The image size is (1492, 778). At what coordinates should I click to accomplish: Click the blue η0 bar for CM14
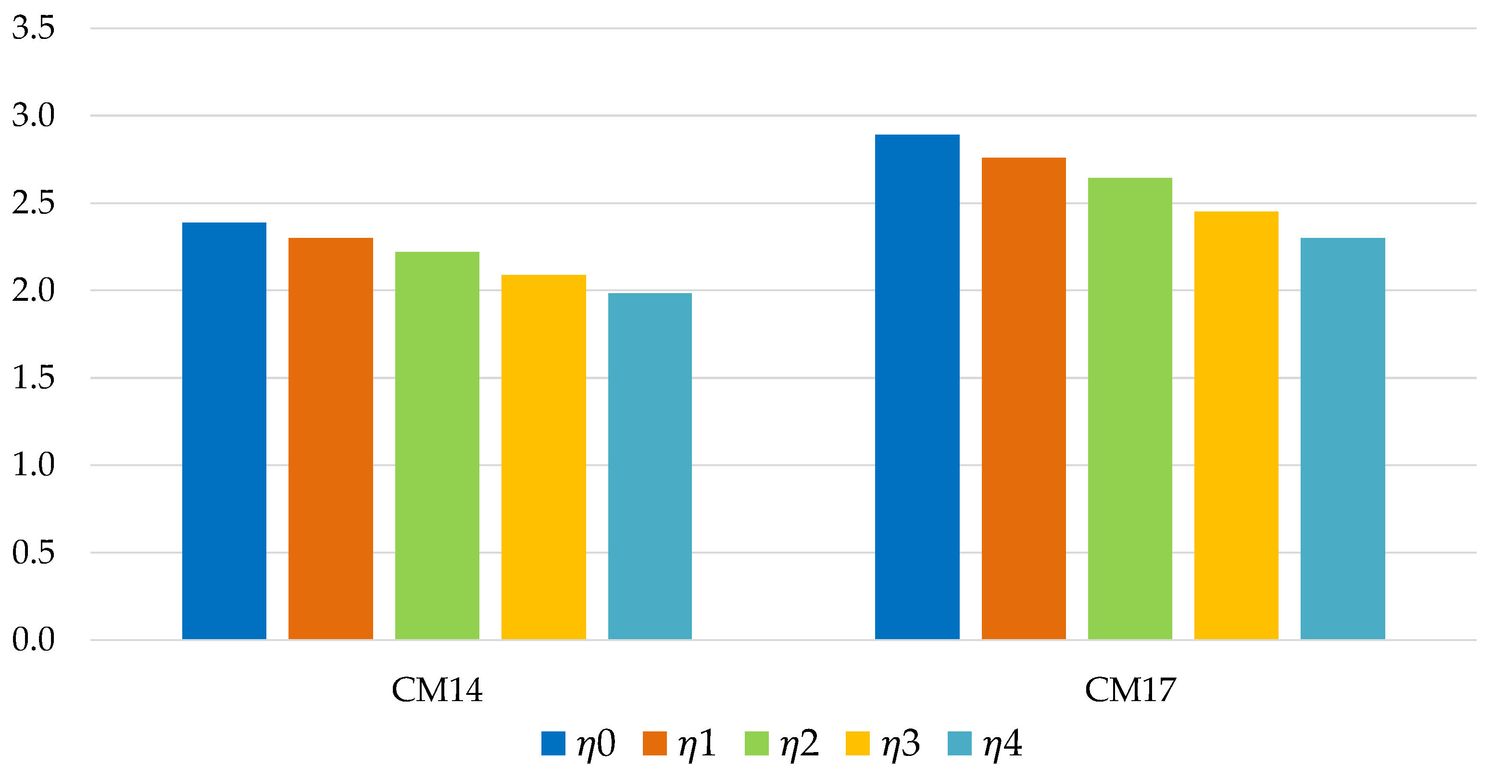pos(224,431)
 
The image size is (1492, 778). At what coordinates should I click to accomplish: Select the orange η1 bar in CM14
pos(331,439)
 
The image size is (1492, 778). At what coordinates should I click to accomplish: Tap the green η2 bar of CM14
pos(437,446)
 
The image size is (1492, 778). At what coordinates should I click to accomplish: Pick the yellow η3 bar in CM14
pos(543,457)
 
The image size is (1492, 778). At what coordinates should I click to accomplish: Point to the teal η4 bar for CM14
pos(650,467)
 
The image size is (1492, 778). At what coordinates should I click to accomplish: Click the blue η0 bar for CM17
pos(917,387)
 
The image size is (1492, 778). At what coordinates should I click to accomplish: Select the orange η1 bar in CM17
pos(1023,399)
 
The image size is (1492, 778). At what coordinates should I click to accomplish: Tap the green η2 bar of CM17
pos(1130,408)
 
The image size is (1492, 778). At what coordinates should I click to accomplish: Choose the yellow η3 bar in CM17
pos(1236,425)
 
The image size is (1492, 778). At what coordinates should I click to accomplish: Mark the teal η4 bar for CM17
pos(1342,439)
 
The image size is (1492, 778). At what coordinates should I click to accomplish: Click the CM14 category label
pos(437,690)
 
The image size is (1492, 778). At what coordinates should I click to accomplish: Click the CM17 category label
pos(1130,690)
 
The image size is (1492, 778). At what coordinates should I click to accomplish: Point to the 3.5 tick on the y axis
pos(33,28)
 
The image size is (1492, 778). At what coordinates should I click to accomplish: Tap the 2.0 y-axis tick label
pos(33,290)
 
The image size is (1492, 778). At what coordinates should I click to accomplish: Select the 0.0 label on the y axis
pos(33,640)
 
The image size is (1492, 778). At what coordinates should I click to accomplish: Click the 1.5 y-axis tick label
pos(33,377)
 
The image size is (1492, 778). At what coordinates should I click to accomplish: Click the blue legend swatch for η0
pos(553,744)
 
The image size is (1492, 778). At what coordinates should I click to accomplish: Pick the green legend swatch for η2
pos(756,744)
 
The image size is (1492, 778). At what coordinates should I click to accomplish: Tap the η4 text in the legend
pos(1003,744)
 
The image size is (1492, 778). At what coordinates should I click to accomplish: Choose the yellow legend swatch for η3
pos(858,744)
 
